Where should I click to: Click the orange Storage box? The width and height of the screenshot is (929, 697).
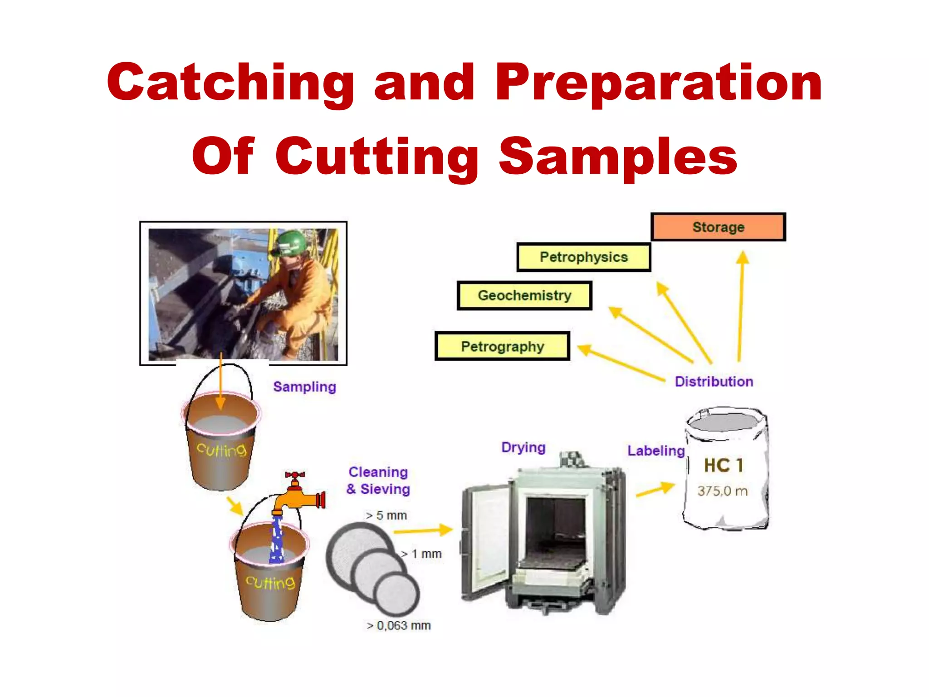718,227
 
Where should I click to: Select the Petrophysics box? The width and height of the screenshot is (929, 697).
584,257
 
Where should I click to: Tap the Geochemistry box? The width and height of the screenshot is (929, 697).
524,295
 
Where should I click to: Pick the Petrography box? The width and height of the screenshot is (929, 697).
502,347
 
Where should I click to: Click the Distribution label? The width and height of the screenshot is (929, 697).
714,382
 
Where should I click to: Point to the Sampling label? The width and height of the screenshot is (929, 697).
304,387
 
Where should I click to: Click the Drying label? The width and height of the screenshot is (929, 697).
523,447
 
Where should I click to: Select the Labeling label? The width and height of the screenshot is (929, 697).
655,451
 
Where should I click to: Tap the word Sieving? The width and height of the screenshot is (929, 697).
385,489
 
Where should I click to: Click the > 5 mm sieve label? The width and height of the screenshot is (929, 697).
386,515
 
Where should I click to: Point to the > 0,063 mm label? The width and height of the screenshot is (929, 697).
399,626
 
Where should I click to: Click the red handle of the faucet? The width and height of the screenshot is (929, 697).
295,475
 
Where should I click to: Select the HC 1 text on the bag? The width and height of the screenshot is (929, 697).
723,466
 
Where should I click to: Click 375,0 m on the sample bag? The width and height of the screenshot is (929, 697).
722,491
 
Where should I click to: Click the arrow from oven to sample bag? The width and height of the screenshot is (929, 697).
655,490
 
